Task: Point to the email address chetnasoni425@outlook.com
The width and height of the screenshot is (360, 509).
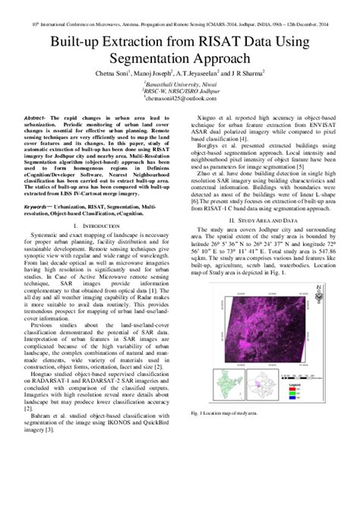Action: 180,98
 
